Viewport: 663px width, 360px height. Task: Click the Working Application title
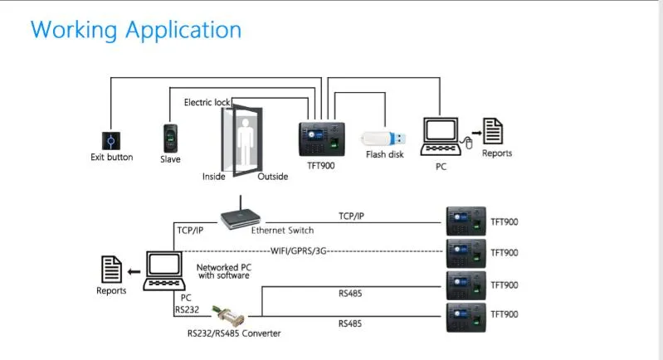pyautogui.click(x=136, y=30)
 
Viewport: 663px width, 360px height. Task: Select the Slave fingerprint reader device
pyautogui.click(x=170, y=137)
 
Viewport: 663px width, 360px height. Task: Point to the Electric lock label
pyautogui.click(x=207, y=102)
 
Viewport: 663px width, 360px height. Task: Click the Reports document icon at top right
pyautogui.click(x=495, y=131)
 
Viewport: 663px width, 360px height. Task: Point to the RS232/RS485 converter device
pyautogui.click(x=232, y=316)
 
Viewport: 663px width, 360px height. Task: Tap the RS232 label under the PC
pyautogui.click(x=186, y=309)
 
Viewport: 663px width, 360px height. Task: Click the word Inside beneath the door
pyautogui.click(x=214, y=177)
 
